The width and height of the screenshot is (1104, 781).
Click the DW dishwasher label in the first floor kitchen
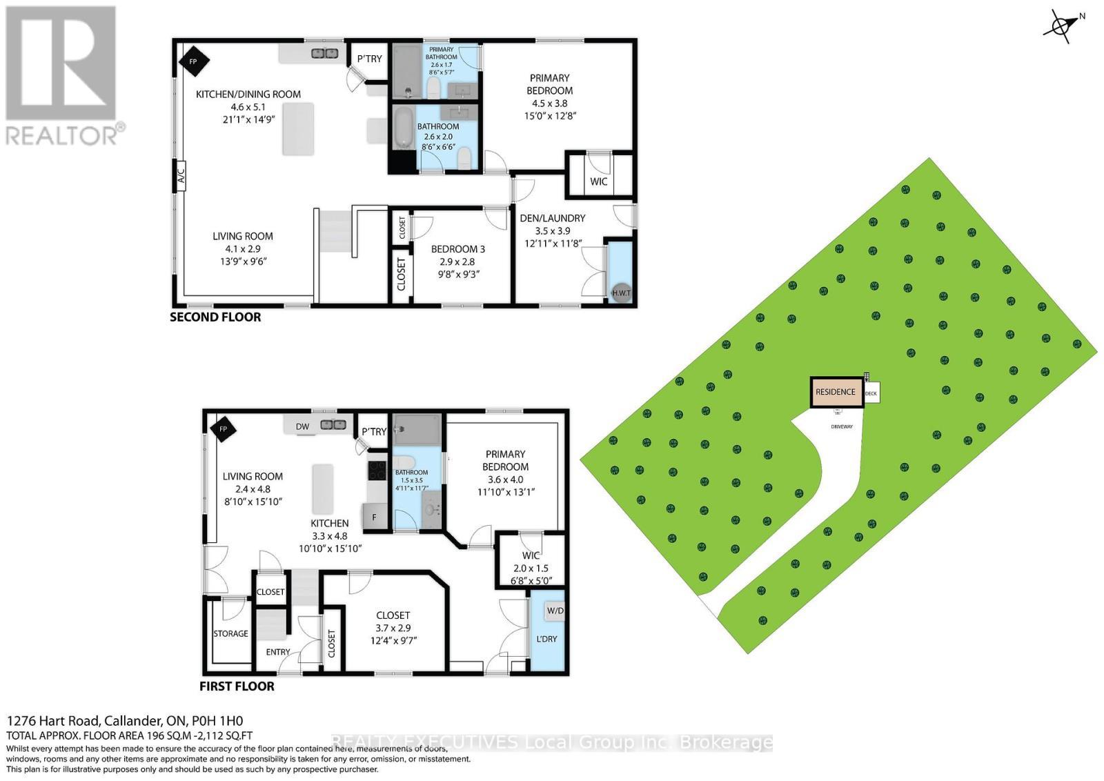pos(302,427)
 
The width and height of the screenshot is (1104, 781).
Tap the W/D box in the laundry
pos(555,611)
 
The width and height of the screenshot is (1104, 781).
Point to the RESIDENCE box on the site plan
pos(836,392)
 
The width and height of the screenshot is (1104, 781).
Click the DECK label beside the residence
pos(871,394)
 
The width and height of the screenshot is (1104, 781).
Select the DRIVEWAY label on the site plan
pos(841,426)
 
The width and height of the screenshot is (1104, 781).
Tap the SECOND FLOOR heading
pos(215,317)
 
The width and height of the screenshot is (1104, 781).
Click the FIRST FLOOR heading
pos(237,686)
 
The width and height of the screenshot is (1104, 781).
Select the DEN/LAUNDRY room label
pos(552,218)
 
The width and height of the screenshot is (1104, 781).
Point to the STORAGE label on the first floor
pos(230,633)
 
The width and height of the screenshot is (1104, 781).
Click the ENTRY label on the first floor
pos(278,652)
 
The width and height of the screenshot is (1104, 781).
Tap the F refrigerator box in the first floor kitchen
pos(374,516)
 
